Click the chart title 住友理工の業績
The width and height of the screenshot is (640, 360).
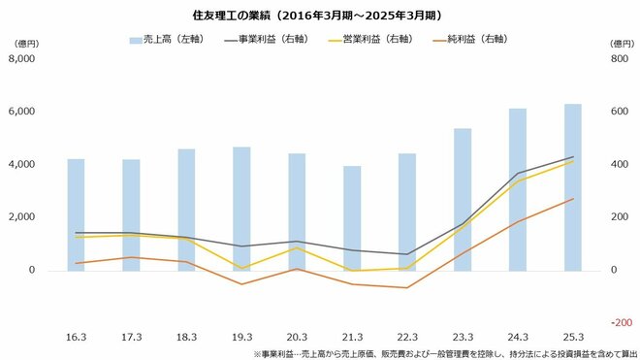[x=319, y=14]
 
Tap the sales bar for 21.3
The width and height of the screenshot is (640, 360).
[x=352, y=217]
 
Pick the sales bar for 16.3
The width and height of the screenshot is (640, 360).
[x=76, y=213]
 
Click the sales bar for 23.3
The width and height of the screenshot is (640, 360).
[x=463, y=199]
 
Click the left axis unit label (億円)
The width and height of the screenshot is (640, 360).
[x=25, y=44]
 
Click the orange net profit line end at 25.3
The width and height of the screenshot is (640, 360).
[x=573, y=199]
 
